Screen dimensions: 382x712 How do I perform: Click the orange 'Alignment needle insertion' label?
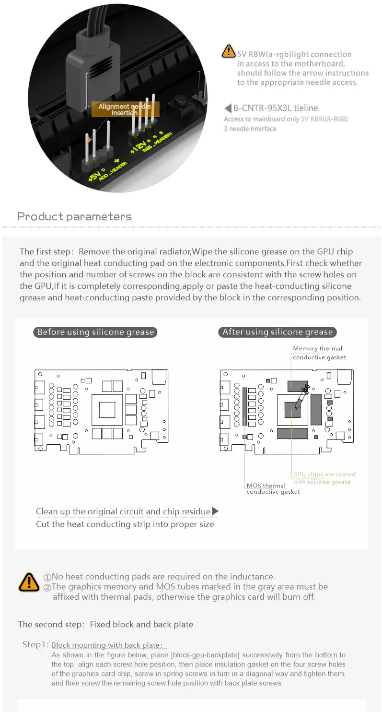coord(124,109)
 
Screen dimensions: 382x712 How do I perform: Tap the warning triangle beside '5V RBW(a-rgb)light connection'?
coord(228,51)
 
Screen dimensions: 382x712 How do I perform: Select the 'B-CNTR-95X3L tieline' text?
coord(275,108)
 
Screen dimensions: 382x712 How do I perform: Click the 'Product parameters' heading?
coord(74,216)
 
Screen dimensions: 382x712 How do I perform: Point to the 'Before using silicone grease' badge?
coord(95,332)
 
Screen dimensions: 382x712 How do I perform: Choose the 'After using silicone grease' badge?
coord(277,332)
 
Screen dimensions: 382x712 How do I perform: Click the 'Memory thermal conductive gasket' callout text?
coord(319,353)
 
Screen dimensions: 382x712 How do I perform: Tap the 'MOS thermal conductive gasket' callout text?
coord(273,488)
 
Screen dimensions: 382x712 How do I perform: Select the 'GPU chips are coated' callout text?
coord(324,474)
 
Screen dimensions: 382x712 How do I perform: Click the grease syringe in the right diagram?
coord(300,398)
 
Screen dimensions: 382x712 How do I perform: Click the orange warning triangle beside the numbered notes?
coord(29,582)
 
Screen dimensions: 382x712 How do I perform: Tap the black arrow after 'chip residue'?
coord(215,511)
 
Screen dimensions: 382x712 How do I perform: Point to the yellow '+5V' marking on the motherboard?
coord(95,176)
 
